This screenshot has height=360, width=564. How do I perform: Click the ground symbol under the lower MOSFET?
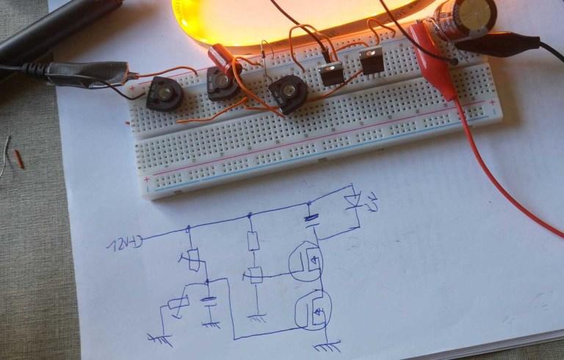click(328, 342)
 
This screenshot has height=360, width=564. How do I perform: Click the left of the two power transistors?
click(333, 71)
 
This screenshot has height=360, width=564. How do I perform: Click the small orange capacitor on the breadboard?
click(219, 54)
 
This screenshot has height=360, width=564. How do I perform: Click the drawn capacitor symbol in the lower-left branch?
click(211, 301)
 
